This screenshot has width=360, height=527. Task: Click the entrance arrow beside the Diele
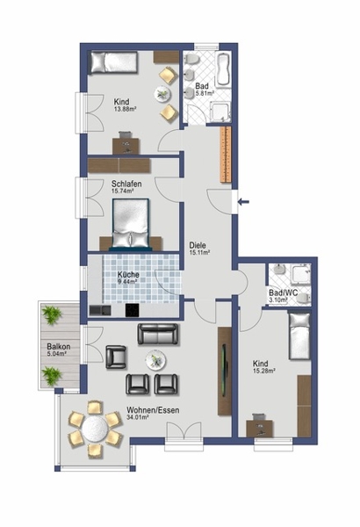tap(243, 202)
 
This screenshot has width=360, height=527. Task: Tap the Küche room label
tap(128, 274)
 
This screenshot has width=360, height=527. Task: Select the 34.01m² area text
tap(138, 417)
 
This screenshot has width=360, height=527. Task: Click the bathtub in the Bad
tap(223, 69)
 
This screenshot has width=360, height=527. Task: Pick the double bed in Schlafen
tap(131, 224)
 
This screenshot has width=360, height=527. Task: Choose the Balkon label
tap(59, 347)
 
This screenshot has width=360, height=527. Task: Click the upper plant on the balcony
tap(52, 314)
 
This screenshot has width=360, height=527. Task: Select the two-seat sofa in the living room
tap(158, 334)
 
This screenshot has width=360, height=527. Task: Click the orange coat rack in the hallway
tap(226, 155)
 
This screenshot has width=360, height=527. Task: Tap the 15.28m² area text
tap(264, 371)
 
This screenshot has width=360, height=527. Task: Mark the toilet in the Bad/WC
tap(304, 299)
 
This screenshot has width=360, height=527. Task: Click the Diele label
tap(198, 245)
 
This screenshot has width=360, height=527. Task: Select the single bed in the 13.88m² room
tap(112, 61)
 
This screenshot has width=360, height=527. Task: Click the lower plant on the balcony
tap(52, 375)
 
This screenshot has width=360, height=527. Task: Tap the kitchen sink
tap(100, 310)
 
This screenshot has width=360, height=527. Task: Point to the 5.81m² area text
tap(205, 94)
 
